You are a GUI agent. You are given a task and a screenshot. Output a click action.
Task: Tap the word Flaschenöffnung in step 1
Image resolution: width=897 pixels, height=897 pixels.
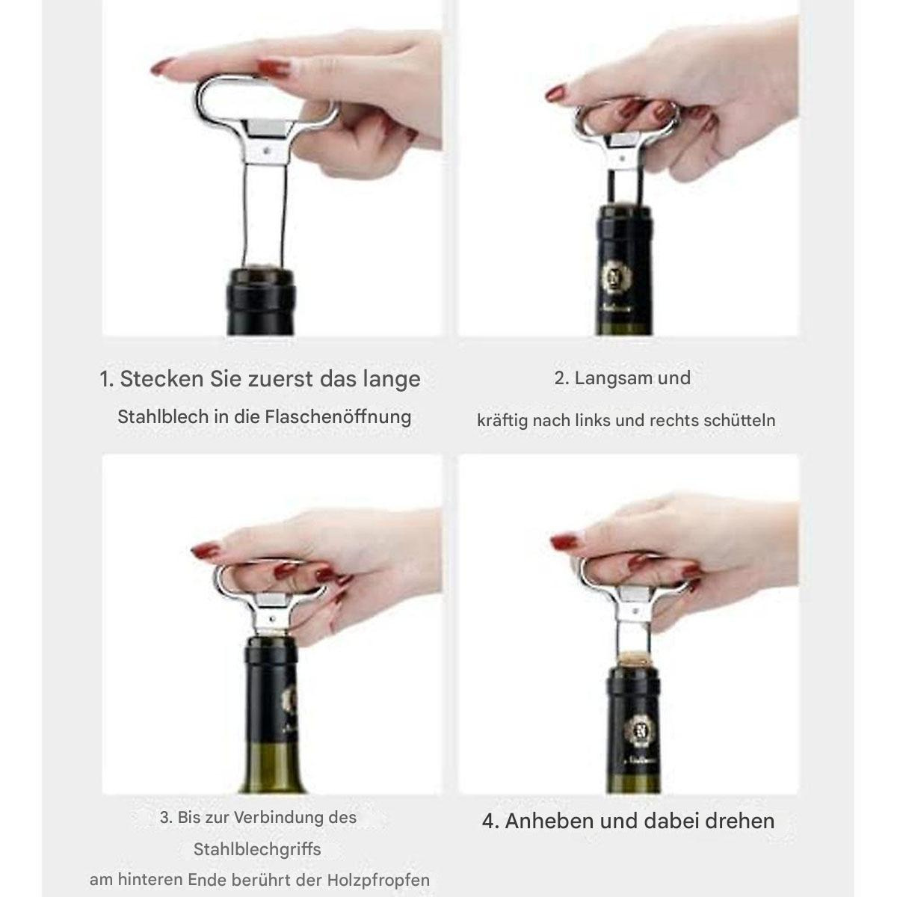pyautogui.click(x=338, y=416)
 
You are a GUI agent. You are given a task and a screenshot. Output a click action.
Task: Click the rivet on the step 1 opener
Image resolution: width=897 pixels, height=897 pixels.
pyautogui.click(x=266, y=150)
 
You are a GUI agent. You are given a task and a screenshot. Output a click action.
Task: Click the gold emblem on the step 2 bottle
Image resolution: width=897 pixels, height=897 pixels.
pyautogui.click(x=617, y=278)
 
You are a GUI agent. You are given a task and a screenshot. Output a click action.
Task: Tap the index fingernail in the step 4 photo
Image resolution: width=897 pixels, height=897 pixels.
pyautogui.click(x=564, y=541)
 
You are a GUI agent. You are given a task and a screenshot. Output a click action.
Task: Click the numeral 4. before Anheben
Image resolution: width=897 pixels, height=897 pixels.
pyautogui.click(x=490, y=821)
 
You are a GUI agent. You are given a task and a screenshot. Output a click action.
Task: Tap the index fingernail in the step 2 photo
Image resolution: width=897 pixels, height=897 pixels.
pyautogui.click(x=556, y=93)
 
